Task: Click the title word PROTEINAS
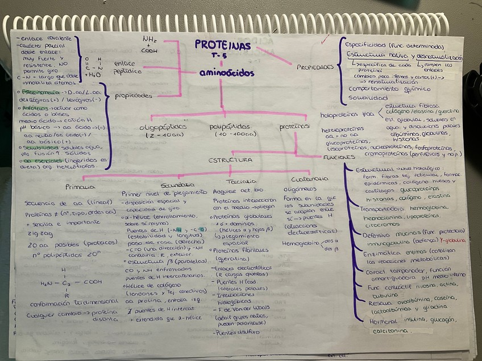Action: click(x=222, y=45)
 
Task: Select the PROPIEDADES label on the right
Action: click(x=315, y=67)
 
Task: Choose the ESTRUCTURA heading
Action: click(x=230, y=160)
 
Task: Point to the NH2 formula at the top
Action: click(x=151, y=39)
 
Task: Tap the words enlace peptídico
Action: click(x=127, y=68)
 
